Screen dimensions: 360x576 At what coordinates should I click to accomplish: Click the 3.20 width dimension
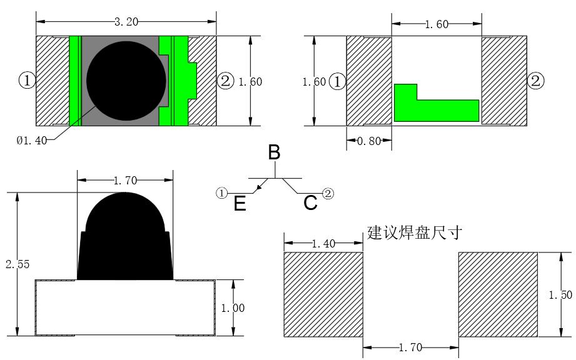pyautogui.click(x=126, y=22)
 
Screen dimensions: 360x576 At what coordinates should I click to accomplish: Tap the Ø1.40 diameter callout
pyautogui.click(x=31, y=141)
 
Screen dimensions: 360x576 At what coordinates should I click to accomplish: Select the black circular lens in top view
pyautogui.click(x=127, y=81)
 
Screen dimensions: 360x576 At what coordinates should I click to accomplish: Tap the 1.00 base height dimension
pyautogui.click(x=246, y=307)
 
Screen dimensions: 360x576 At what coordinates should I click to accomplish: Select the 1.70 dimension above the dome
pyautogui.click(x=125, y=181)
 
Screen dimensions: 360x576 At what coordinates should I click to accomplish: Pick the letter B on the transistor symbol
pyautogui.click(x=274, y=152)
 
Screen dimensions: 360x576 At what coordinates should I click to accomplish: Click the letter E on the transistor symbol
pyautogui.click(x=240, y=204)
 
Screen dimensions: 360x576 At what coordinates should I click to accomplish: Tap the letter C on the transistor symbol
pyautogui.click(x=310, y=203)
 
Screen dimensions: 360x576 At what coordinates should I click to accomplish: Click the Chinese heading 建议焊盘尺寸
pyautogui.click(x=415, y=233)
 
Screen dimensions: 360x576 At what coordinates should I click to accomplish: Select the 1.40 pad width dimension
pyautogui.click(x=323, y=244)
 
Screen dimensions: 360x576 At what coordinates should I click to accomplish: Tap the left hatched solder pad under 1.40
pyautogui.click(x=323, y=294)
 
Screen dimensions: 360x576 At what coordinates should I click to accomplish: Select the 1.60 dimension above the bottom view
pyautogui.click(x=436, y=24)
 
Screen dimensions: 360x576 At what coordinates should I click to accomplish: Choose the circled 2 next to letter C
pyautogui.click(x=328, y=193)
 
